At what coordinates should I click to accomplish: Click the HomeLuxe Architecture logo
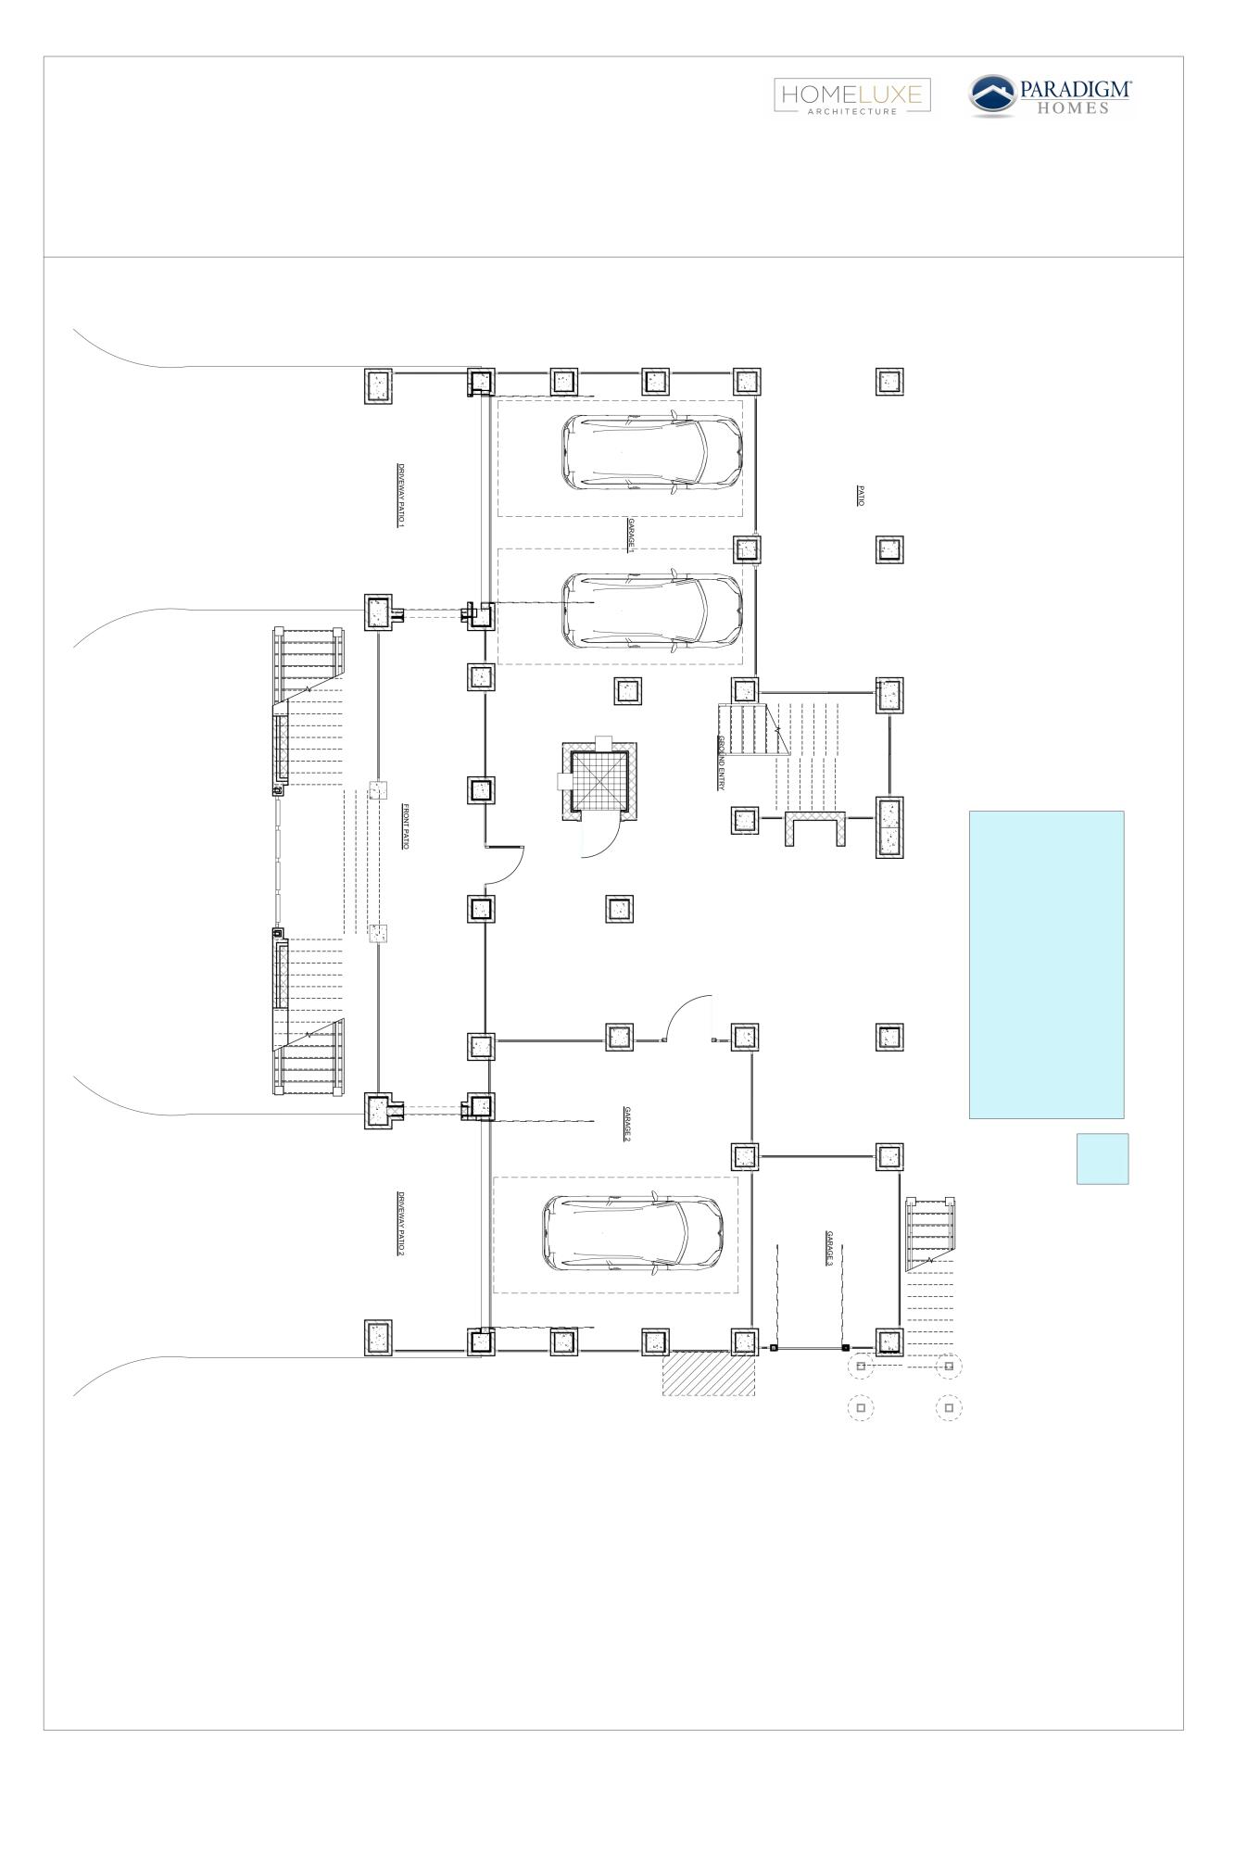[852, 96]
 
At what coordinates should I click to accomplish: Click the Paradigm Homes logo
[1051, 96]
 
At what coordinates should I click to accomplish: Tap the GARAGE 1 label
[631, 536]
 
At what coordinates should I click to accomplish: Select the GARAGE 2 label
[627, 1123]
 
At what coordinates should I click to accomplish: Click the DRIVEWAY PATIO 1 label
[401, 496]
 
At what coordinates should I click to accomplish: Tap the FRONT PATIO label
[405, 826]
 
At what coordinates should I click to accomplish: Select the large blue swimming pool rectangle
[1046, 964]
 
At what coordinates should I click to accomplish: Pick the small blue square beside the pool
[1102, 1158]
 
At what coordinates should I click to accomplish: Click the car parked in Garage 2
[633, 1234]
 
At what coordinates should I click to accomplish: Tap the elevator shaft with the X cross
[599, 782]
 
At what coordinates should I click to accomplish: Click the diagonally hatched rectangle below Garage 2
[708, 1372]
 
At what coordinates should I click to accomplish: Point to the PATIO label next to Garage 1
[860, 496]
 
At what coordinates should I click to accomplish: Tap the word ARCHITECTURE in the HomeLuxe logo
[852, 111]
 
